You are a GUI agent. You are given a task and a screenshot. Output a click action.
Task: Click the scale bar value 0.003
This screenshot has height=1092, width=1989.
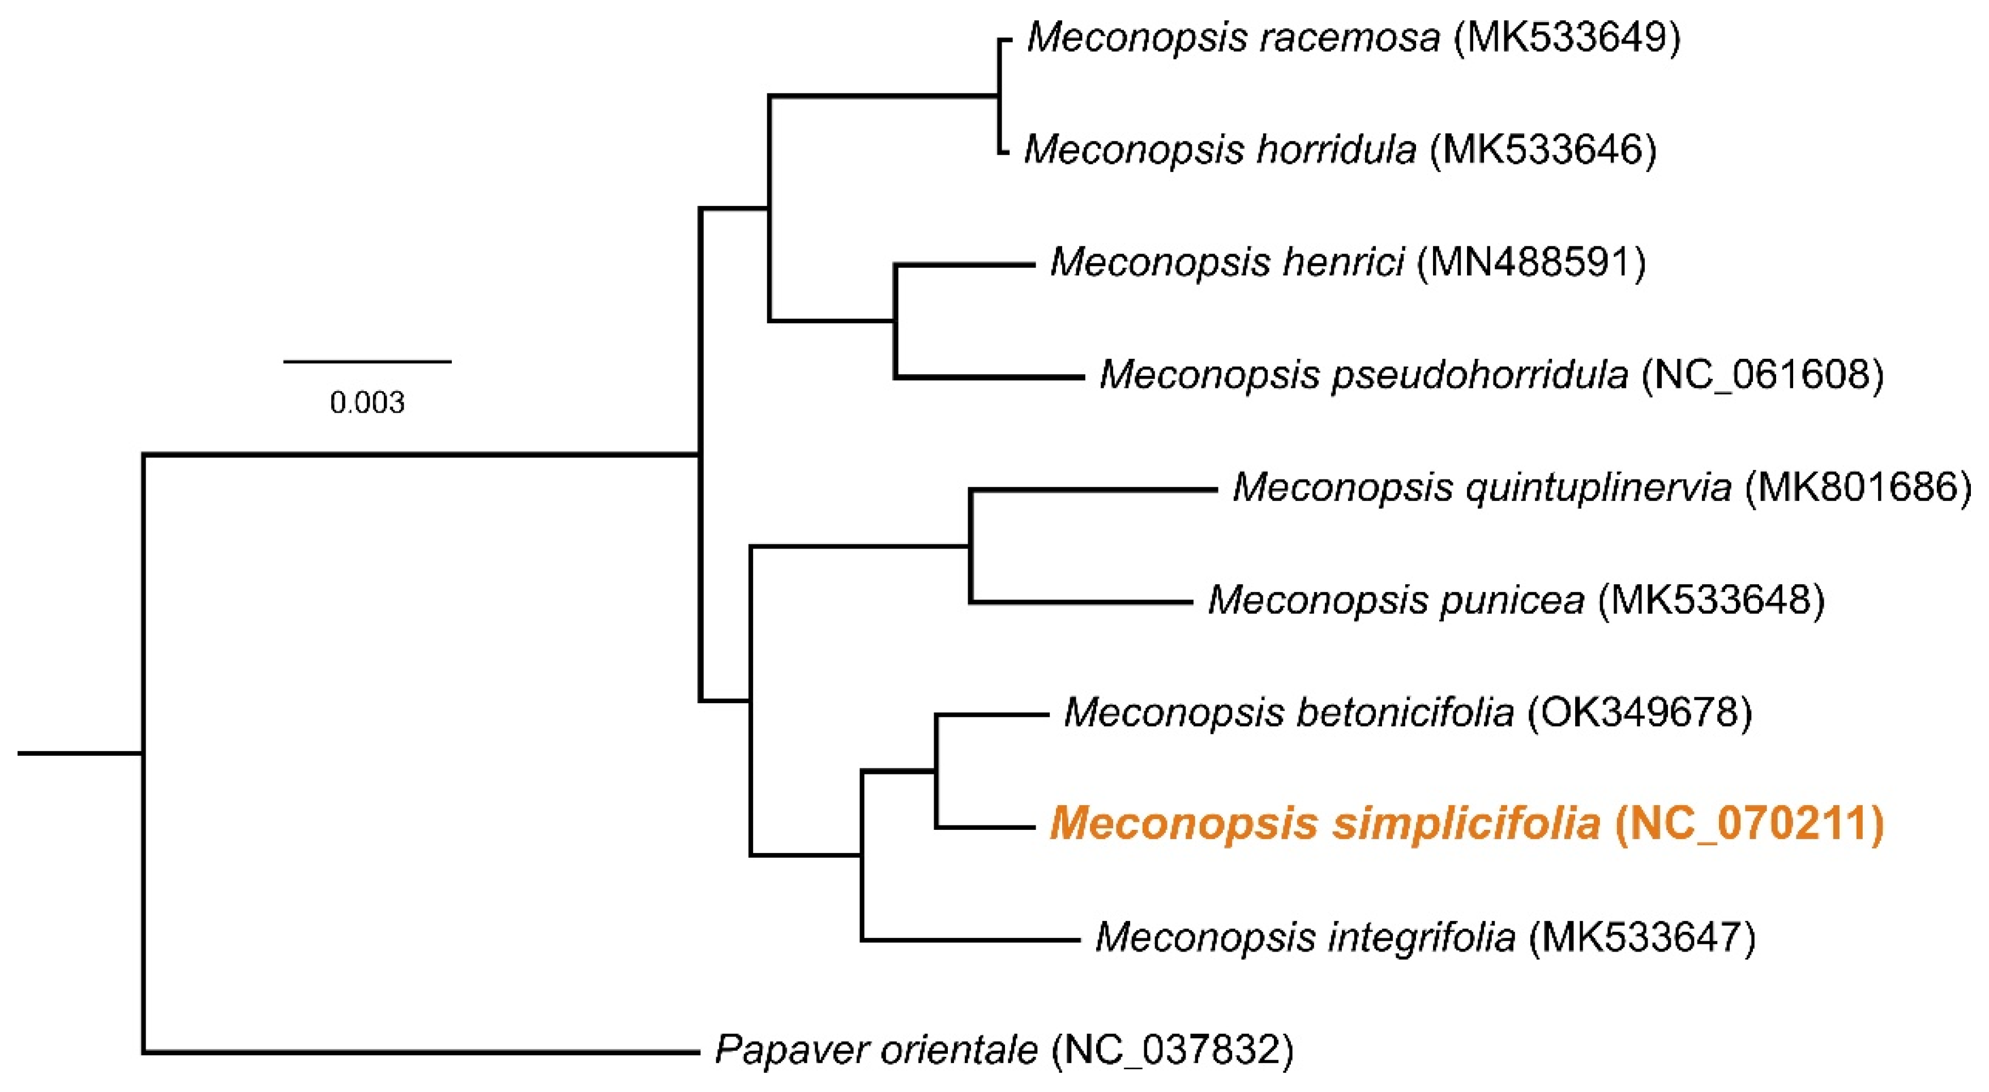coord(367,403)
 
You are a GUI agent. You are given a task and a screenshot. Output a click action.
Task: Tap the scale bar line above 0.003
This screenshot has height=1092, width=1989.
coord(367,361)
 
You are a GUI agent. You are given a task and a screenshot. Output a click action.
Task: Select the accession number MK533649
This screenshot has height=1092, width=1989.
coord(1567,37)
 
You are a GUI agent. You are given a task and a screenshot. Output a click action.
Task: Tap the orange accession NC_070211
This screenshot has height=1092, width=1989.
coord(1750,825)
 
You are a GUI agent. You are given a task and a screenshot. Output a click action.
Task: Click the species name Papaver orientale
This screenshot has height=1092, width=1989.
coord(876,1050)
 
